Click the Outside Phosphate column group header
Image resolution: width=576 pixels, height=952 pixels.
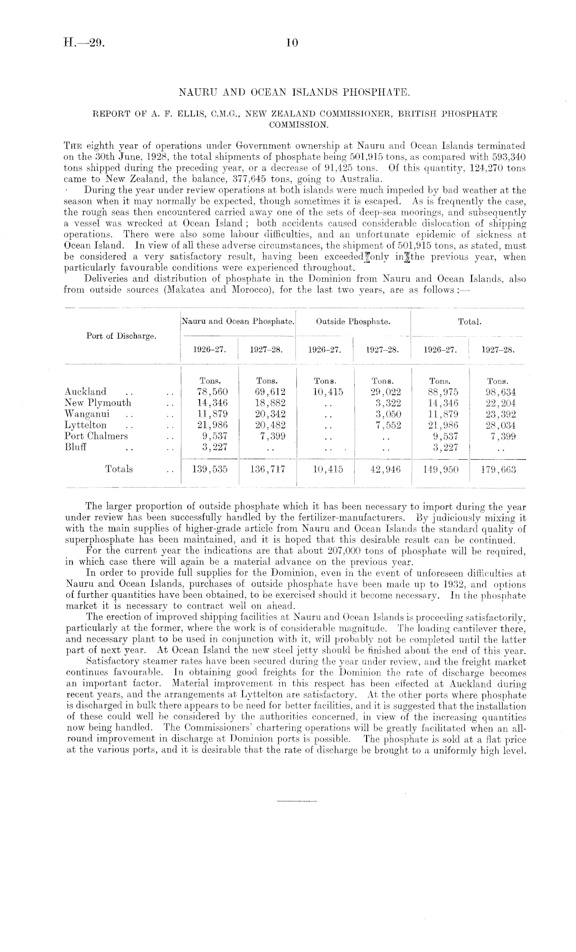pyautogui.click(x=353, y=321)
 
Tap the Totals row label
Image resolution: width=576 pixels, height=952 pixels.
pyautogui.click(x=119, y=469)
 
